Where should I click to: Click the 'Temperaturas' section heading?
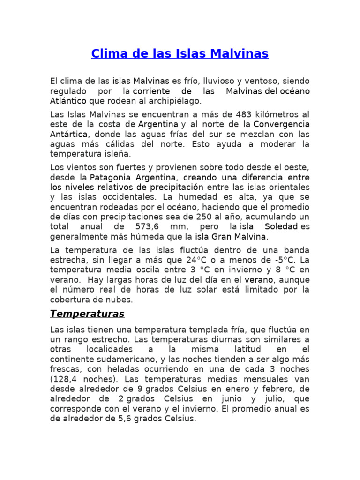click(x=87, y=313)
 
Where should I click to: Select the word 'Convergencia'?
click(x=282, y=124)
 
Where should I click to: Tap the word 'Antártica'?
click(x=68, y=134)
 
